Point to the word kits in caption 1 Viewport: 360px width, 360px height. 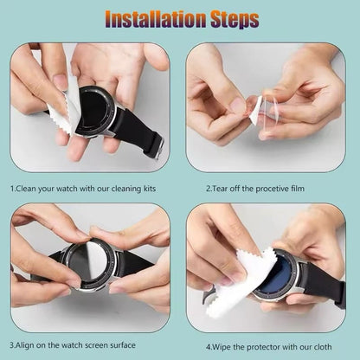[159, 186]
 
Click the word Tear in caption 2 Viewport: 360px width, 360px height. [224, 186]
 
